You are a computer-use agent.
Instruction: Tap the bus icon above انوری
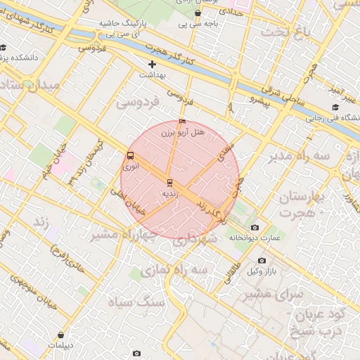(x=130, y=156)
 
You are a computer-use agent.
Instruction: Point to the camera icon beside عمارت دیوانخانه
(x=254, y=227)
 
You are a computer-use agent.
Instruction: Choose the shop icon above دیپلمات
(x=65, y=335)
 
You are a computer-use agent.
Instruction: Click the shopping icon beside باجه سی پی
(x=198, y=13)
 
